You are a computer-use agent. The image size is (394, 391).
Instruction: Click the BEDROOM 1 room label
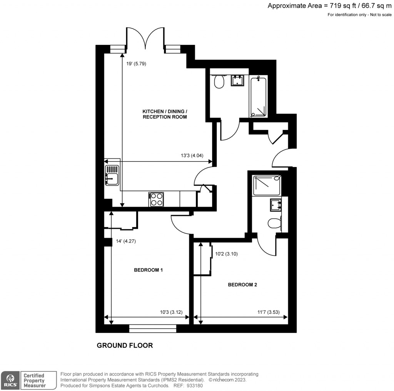pyautogui.click(x=148, y=270)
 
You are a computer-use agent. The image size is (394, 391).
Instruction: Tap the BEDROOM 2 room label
pyautogui.click(x=242, y=285)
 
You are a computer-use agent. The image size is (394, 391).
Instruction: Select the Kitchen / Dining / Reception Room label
pyautogui.click(x=165, y=114)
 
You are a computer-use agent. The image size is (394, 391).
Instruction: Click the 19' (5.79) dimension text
pyautogui.click(x=136, y=64)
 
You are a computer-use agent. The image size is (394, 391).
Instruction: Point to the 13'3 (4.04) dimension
pyautogui.click(x=192, y=156)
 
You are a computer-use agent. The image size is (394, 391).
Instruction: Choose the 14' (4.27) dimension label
pyautogui.click(x=126, y=242)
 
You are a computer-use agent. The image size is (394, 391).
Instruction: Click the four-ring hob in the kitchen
pyautogui.click(x=156, y=199)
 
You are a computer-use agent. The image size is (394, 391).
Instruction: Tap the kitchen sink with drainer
pyautogui.click(x=112, y=175)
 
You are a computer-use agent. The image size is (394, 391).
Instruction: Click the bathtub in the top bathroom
pyautogui.click(x=258, y=97)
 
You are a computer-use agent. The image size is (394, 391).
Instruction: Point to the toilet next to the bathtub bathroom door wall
pyautogui.click(x=219, y=82)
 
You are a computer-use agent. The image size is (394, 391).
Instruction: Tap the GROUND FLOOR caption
pyautogui.click(x=125, y=345)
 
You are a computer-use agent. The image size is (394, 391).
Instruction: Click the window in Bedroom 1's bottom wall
pyautogui.click(x=153, y=328)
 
